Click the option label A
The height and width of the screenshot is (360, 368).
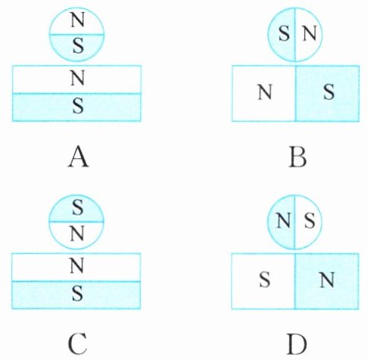(78, 158)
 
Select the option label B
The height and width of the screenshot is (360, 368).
(298, 158)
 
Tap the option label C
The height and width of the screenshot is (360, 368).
(78, 344)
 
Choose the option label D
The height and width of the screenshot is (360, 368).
(297, 344)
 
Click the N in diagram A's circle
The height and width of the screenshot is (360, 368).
(77, 20)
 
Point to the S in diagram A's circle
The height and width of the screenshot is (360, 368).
(78, 46)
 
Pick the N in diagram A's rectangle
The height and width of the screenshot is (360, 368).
(77, 78)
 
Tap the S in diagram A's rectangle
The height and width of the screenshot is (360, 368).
(78, 106)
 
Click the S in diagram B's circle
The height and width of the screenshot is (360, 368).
(284, 33)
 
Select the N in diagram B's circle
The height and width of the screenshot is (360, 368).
(310, 33)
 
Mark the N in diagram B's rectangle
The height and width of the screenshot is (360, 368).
(265, 92)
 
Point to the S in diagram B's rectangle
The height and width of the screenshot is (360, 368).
(329, 92)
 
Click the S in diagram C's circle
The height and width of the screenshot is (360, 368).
(77, 208)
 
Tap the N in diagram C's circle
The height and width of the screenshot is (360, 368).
(77, 234)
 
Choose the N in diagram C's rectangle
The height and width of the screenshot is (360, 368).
(76, 266)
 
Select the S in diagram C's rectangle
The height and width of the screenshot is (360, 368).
(77, 293)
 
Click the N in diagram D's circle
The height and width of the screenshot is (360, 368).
(283, 221)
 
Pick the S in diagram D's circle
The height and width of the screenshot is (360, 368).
(310, 221)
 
